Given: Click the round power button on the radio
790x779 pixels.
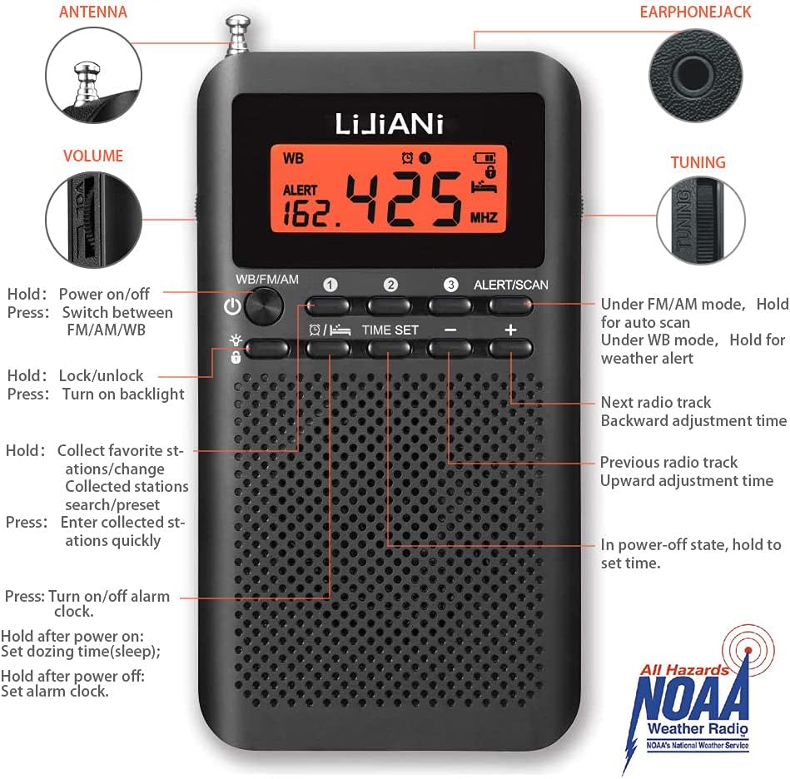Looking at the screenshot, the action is tap(264, 306).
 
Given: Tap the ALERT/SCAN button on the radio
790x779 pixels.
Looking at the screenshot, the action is tap(509, 305).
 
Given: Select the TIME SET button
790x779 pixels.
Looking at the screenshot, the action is tap(389, 349).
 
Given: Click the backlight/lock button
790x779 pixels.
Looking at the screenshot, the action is tap(267, 349).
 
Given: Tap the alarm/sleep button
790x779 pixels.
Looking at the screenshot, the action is tap(329, 349).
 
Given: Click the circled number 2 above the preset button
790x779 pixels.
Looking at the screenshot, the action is tap(390, 285).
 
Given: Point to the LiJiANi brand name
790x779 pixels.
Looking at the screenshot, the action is tap(389, 124).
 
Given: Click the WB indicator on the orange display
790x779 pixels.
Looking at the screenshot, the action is tap(293, 158).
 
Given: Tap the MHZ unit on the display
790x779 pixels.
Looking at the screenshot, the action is tap(484, 217).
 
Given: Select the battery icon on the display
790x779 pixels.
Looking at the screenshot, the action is tap(484, 158).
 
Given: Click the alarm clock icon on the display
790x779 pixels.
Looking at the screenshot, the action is tap(407, 158).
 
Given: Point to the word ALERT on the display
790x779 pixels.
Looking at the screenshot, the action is tap(300, 190).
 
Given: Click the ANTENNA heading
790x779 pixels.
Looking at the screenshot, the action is tap(93, 12).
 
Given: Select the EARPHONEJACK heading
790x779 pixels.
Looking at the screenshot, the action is tap(695, 12).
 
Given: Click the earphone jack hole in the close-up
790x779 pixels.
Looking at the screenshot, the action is tap(695, 74).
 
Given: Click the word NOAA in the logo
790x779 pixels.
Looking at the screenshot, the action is tap(690, 696).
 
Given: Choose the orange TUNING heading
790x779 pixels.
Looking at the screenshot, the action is tap(698, 162).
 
